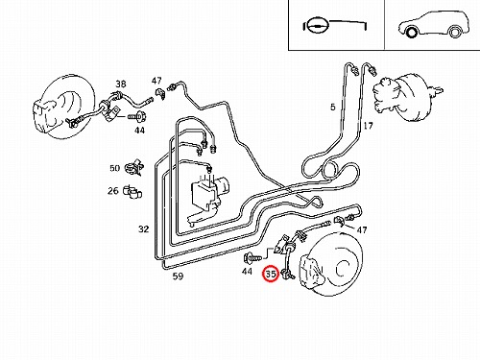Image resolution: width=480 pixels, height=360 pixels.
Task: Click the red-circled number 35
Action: pyautogui.click(x=271, y=275)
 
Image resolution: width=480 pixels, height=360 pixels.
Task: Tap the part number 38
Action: pyautogui.click(x=121, y=84)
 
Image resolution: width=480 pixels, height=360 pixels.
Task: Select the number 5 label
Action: pyautogui.click(x=333, y=107)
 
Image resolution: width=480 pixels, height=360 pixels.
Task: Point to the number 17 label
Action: pyautogui.click(x=368, y=126)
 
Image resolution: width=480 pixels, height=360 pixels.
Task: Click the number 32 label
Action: pyautogui.click(x=144, y=229)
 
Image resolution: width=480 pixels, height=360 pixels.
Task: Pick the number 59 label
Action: pyautogui.click(x=178, y=276)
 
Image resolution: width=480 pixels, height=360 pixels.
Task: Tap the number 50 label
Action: pyautogui.click(x=114, y=168)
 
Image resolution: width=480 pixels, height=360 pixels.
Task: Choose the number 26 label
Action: pyautogui.click(x=113, y=191)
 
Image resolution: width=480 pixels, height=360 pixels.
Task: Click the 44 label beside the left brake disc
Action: pyautogui.click(x=139, y=131)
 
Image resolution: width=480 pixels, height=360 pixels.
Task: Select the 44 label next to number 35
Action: pyautogui.click(x=247, y=272)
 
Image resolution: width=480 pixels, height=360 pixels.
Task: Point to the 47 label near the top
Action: pyautogui.click(x=156, y=81)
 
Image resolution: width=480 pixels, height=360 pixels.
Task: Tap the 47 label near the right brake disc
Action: pyautogui.click(x=362, y=229)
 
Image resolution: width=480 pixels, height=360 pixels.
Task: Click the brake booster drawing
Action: pyautogui.click(x=406, y=98)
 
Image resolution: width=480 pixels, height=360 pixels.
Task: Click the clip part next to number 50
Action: pyautogui.click(x=133, y=167)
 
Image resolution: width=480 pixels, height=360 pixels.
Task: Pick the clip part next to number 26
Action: pyautogui.click(x=132, y=192)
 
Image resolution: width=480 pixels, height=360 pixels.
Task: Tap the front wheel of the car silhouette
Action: pyautogui.click(x=411, y=32)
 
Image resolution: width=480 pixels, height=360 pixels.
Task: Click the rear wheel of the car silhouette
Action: pyautogui.click(x=454, y=32)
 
